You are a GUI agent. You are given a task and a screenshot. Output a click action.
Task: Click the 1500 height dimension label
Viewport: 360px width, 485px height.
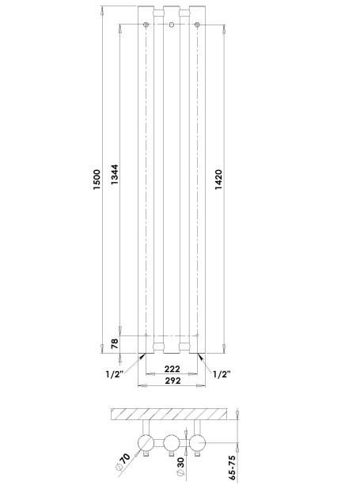tap(97, 180)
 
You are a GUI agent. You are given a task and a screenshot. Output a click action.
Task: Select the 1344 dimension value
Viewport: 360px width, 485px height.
tap(115, 175)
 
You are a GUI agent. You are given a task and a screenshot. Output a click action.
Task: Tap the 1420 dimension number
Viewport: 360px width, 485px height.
tap(218, 180)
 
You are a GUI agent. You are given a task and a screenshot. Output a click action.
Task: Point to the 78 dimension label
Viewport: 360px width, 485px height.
tap(115, 343)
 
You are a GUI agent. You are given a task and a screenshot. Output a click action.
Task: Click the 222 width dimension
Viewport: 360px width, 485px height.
tap(172, 369)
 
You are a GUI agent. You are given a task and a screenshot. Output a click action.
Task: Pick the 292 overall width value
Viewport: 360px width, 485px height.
tap(172, 381)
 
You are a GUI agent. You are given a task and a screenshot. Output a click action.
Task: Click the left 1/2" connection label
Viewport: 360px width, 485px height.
tap(115, 374)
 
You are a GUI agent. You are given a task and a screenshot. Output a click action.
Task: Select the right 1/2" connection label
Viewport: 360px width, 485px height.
tap(222, 374)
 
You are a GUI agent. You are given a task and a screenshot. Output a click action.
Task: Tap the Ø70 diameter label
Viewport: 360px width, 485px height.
tap(123, 462)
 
